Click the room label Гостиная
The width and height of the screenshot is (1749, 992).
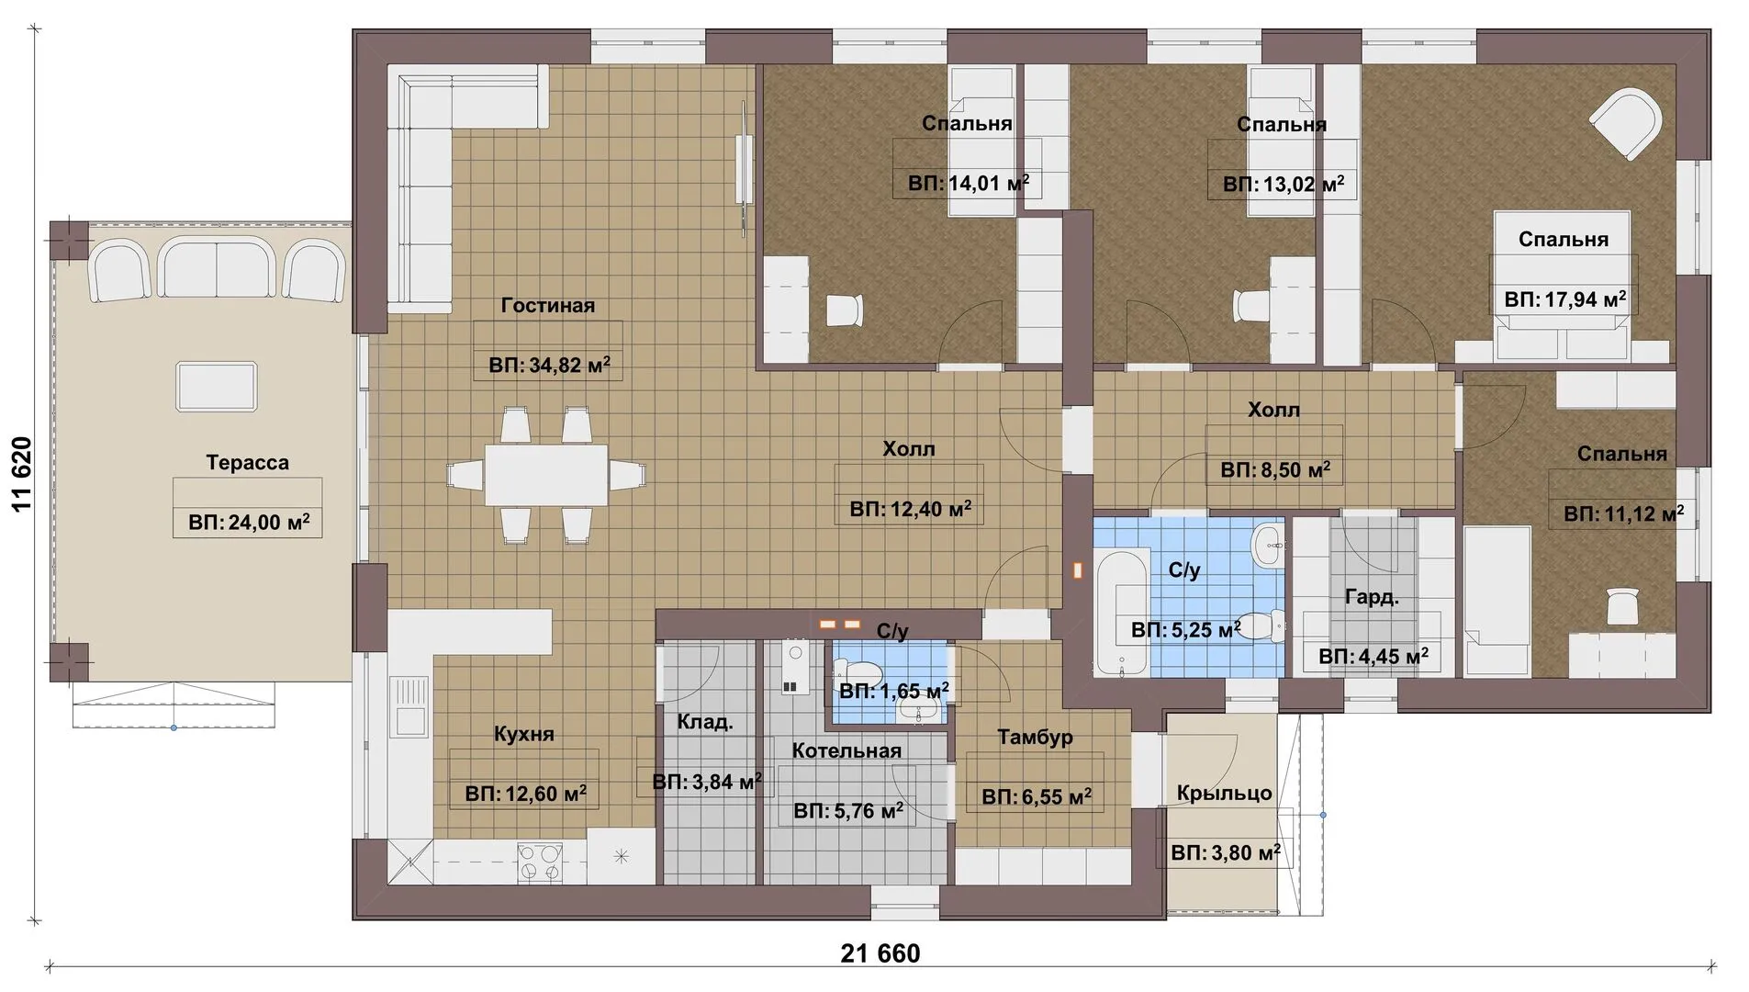[x=548, y=306]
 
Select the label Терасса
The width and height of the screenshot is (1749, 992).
[x=247, y=463]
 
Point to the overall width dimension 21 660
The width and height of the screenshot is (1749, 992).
[x=880, y=953]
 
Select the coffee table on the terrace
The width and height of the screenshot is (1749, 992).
[x=217, y=387]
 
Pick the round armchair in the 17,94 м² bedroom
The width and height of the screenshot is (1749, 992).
[x=1626, y=125]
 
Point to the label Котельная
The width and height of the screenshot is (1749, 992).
[x=846, y=751]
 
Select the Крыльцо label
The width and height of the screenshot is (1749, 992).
[x=1224, y=793]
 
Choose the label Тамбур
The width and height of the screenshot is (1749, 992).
[x=1035, y=737]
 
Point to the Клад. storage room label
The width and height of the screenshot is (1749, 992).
[x=705, y=722]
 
